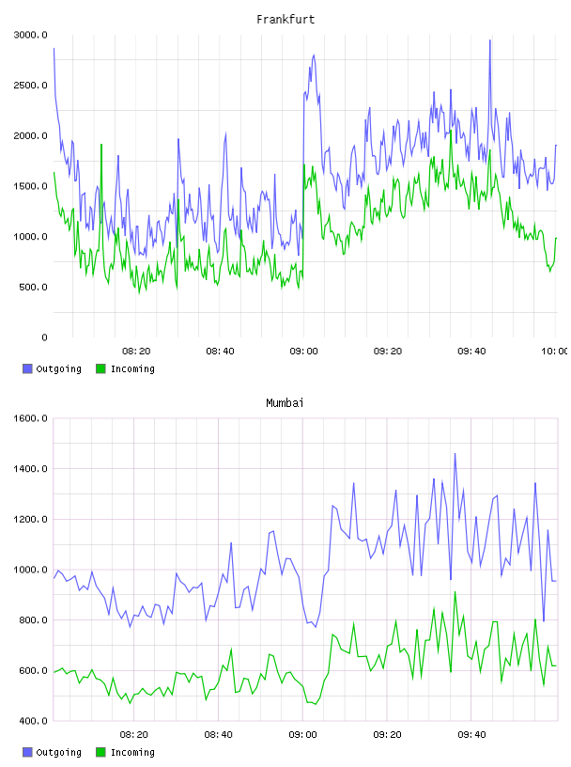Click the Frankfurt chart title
[285, 20]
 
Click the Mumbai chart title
[285, 403]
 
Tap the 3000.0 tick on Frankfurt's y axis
[30, 35]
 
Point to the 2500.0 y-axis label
[30, 86]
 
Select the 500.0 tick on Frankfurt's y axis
[33, 287]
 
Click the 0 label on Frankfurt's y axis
[44, 337]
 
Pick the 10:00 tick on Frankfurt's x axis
[555, 352]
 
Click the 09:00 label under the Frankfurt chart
[303, 352]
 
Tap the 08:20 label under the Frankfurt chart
[136, 352]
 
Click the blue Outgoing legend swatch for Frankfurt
[27, 368]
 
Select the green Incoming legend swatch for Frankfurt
[100, 368]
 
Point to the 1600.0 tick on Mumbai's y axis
[30, 418]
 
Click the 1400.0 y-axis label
[30, 469]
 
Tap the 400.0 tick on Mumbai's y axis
[33, 721]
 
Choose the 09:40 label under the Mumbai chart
[471, 735]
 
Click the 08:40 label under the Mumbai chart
[219, 735]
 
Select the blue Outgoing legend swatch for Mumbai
[27, 752]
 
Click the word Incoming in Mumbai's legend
[132, 752]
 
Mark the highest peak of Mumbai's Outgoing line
[455, 453]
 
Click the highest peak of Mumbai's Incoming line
[455, 592]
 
